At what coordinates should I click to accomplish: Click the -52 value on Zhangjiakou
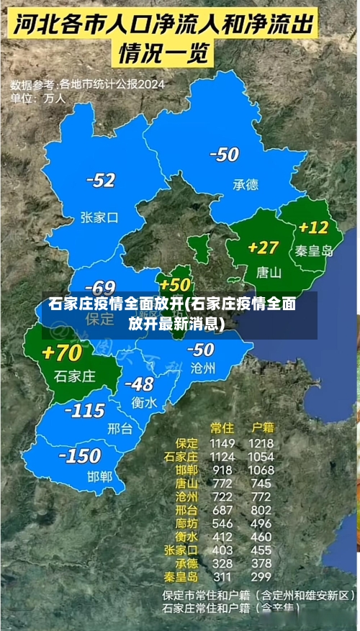(100, 181)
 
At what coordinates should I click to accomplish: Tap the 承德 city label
(245, 184)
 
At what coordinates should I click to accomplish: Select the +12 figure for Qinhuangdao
(313, 228)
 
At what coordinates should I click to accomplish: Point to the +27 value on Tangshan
(263, 248)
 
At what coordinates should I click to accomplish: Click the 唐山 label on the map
(268, 273)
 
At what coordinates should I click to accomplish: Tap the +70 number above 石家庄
(63, 353)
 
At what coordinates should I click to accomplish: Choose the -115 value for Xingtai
(85, 410)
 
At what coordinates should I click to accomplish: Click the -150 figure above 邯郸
(79, 455)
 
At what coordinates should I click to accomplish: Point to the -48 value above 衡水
(138, 384)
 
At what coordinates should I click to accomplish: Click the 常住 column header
(222, 428)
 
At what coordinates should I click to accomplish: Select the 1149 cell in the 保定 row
(222, 443)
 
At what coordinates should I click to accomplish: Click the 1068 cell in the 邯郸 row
(260, 470)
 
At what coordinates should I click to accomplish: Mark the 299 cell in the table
(260, 577)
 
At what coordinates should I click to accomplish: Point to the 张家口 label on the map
(99, 217)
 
